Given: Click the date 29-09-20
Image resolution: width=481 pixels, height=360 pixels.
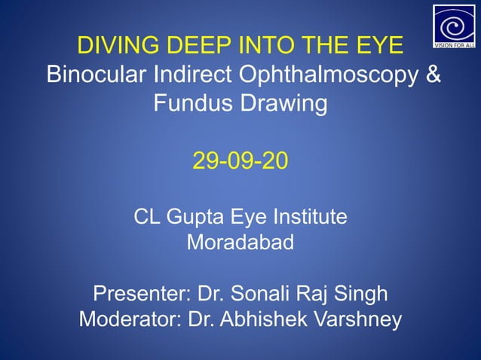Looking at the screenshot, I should [x=240, y=160].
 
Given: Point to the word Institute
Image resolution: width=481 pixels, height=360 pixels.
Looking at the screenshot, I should [x=305, y=217].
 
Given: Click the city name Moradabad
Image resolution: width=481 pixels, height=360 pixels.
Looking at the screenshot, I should [x=240, y=244].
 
